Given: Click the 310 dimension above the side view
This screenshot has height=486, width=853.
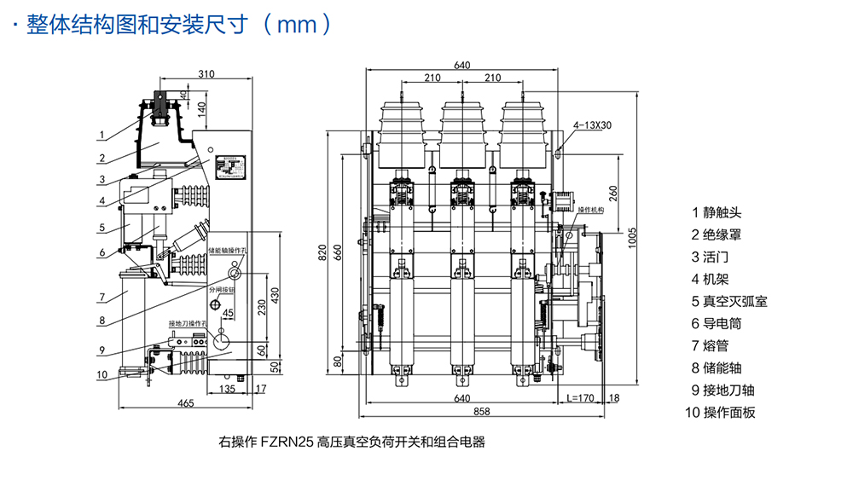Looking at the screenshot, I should click(206, 74).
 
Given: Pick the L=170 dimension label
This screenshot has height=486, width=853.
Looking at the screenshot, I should click(580, 398).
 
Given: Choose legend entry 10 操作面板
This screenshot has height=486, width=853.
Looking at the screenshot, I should click(720, 413).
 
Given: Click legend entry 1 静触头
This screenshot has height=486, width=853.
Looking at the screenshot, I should click(714, 212).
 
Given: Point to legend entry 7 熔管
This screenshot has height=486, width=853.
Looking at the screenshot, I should click(714, 346).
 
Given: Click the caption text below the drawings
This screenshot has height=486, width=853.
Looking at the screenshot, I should click(351, 443).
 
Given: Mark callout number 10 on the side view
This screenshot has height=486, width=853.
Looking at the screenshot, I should click(102, 373).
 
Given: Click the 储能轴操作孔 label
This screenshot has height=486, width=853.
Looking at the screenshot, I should click(227, 252).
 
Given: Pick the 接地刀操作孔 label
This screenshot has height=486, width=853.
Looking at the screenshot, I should click(189, 323).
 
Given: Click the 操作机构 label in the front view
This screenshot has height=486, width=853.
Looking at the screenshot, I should click(590, 210).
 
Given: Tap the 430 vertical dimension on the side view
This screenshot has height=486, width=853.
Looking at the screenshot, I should click(276, 292).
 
